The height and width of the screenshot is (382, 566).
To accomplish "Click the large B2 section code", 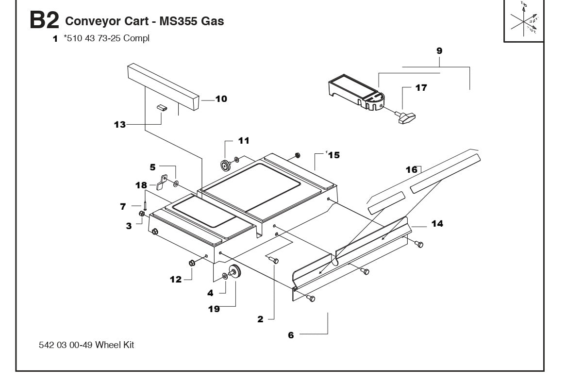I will click(x=44, y=21).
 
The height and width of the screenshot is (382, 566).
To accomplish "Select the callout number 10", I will click(x=221, y=99).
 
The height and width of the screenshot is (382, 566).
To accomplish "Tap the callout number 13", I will click(x=119, y=125).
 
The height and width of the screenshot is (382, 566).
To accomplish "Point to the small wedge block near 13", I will click(x=162, y=108).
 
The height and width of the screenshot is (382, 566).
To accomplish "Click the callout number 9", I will click(x=439, y=50).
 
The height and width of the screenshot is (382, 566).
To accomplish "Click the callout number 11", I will click(x=243, y=141).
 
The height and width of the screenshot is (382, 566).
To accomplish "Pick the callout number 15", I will click(x=333, y=155).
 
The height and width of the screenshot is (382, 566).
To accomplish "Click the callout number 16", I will click(x=412, y=169).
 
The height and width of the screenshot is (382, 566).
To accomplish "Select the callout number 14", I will click(x=437, y=223).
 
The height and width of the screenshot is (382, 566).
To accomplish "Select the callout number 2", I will click(x=260, y=319).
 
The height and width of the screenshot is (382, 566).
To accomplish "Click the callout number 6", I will click(x=291, y=335).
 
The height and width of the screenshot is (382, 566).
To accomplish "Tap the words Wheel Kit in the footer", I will click(x=115, y=345).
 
